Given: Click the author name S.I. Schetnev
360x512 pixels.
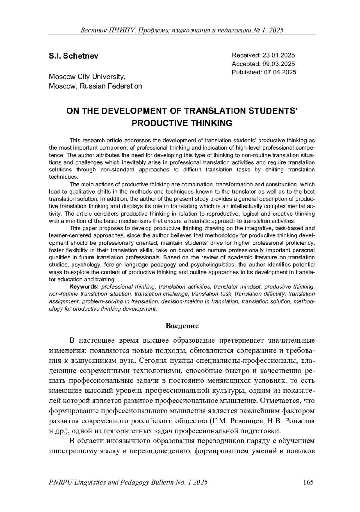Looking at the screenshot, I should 73,56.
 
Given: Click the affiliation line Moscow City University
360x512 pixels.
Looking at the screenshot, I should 87,77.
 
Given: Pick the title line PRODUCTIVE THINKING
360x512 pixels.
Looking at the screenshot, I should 182,123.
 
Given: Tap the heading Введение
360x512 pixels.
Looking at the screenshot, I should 182,326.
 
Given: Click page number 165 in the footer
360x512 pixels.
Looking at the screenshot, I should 308,483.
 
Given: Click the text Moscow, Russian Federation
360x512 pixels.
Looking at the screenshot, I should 95,86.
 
